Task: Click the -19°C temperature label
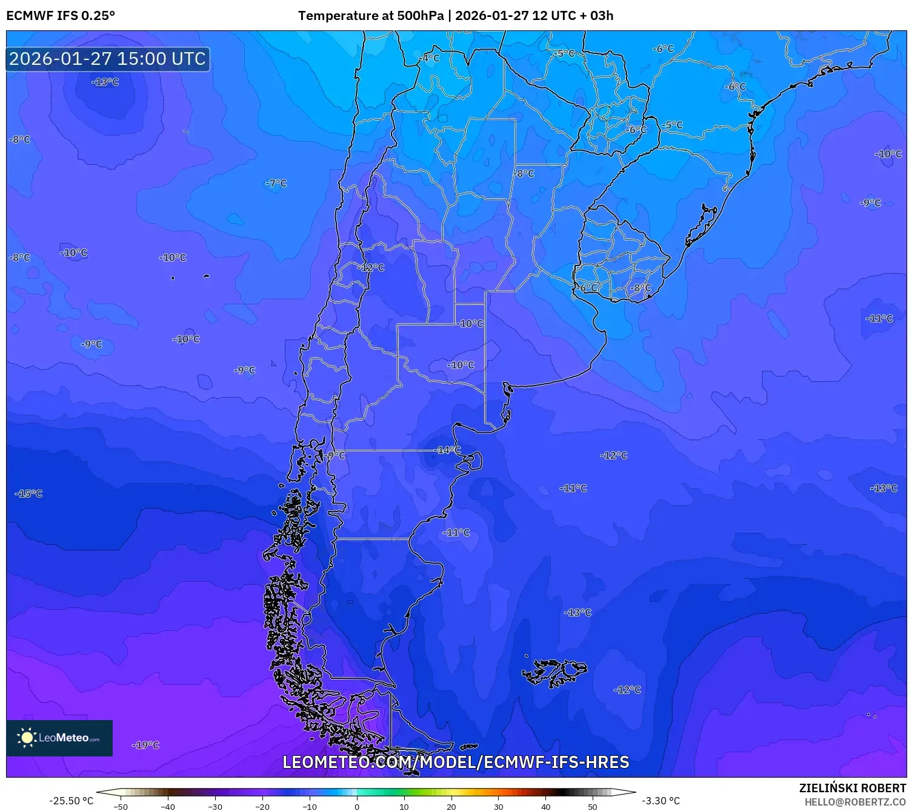[145, 745]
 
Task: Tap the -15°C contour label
[28, 493]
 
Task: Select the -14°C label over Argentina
[448, 450]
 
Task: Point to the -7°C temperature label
[276, 183]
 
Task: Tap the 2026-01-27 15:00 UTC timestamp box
[107, 59]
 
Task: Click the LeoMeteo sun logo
[27, 738]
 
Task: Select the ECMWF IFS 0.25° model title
[61, 16]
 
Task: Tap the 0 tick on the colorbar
[357, 806]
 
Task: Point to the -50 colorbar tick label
[121, 806]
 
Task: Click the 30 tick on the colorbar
[498, 806]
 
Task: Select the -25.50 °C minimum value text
[72, 801]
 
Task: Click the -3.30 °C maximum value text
[661, 801]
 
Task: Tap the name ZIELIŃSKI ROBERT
[852, 788]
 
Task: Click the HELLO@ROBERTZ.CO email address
[855, 802]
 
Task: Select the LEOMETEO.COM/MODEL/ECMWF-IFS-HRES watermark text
[456, 762]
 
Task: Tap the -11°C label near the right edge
[879, 318]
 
